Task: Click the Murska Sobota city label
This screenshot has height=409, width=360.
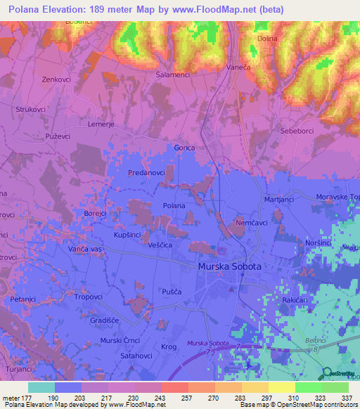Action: [230, 267]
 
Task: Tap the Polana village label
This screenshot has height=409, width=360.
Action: [174, 205]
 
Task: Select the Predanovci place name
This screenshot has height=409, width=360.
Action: [147, 172]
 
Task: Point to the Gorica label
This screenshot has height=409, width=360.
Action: [184, 148]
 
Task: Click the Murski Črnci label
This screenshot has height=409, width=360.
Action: [120, 340]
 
